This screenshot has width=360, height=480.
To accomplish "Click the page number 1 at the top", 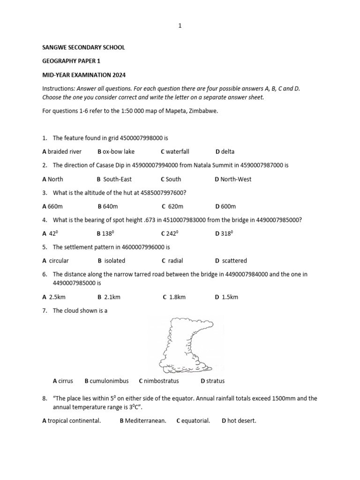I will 180,26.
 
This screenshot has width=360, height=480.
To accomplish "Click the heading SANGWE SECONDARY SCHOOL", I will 84,47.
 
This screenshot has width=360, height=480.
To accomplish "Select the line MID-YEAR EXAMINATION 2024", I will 84,75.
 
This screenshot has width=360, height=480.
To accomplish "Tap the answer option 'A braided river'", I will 62,151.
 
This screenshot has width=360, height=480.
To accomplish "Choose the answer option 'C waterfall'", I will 175,151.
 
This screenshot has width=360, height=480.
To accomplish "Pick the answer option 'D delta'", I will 225,151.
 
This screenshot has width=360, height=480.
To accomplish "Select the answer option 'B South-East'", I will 114,179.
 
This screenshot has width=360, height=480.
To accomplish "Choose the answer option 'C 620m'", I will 172,206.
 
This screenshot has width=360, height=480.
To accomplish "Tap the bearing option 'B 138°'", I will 105,233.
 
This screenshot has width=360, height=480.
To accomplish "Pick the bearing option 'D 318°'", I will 224,233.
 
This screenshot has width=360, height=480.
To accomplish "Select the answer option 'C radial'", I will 172,261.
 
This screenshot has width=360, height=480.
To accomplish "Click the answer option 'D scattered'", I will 231,261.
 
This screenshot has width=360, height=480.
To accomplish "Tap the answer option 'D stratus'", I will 213,381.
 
